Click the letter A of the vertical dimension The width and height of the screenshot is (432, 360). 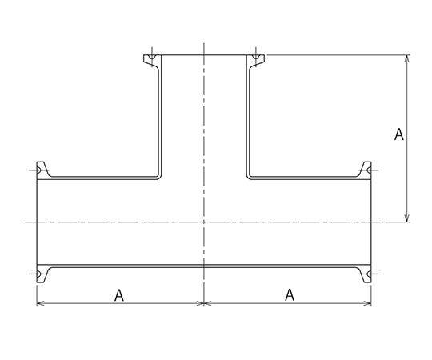pos(399,134)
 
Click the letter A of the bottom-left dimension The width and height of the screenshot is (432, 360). pos(119,295)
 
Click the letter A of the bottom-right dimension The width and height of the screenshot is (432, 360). pos(290,294)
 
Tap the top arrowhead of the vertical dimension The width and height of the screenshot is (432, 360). pos(407,58)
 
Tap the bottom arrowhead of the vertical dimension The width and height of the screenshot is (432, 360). pos(407,218)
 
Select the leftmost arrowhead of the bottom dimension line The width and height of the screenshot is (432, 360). pos(40,303)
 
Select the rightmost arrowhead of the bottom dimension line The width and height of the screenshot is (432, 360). pos(368,303)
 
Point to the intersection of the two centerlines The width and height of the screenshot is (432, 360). pos(204,222)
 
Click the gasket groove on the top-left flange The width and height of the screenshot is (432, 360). pos(152,57)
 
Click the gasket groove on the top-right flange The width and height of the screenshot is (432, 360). pos(256,57)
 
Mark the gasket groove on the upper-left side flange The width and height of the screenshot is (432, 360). pos(38,170)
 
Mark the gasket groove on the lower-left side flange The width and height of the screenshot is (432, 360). pos(38,274)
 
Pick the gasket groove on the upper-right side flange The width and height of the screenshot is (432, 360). pos(370,170)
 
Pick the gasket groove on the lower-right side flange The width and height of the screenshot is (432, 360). pos(370,274)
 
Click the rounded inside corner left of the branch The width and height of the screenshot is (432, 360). pos(159,178)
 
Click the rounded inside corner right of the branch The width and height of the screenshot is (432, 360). pos(248,178)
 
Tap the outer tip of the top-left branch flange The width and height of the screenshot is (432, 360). pos(143,55)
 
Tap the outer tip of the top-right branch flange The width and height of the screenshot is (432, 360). pos(264,55)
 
